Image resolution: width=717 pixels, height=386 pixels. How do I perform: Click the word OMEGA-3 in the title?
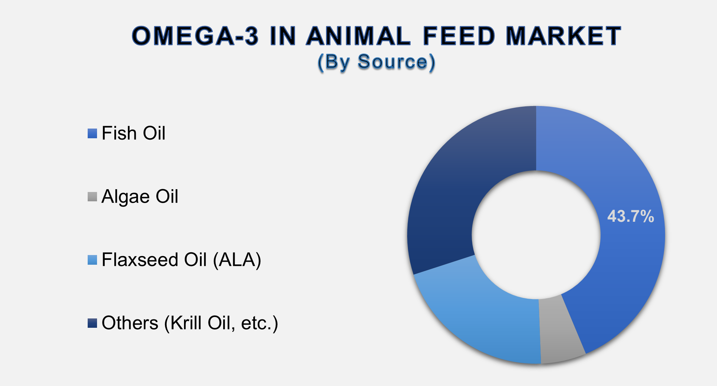195,36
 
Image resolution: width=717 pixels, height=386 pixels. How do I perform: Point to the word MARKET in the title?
563,36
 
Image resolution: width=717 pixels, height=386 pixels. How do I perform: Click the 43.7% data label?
630,216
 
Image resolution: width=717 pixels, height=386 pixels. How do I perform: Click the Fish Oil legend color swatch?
92,133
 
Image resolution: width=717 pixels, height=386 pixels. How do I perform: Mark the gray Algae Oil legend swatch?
92,196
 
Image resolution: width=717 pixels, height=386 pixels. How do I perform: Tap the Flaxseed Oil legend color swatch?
92,260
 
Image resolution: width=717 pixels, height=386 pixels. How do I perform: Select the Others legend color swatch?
92,323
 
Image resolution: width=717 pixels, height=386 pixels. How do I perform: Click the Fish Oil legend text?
133,133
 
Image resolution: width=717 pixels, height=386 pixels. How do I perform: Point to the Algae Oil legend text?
140,196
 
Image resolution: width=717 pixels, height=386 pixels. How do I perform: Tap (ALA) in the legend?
237,260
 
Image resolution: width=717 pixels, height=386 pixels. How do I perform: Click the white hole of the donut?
536,235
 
